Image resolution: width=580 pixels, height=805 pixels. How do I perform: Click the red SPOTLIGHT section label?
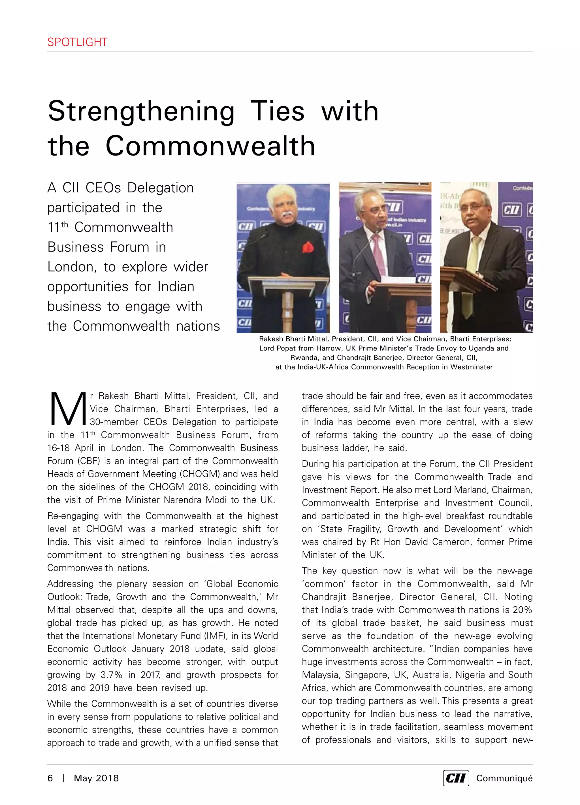point(77,42)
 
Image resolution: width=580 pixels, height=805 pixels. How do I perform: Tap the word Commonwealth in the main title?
point(210,146)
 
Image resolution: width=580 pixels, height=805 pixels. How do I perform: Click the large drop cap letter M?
point(67,409)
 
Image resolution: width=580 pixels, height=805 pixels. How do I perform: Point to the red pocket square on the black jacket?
point(307,247)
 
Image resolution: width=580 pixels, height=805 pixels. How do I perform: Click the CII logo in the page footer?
point(455,778)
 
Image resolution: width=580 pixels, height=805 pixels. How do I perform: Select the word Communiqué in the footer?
point(504,778)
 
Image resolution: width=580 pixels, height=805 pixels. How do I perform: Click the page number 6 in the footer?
point(50,778)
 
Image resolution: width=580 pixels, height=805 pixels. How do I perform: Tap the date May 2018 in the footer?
point(96,778)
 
